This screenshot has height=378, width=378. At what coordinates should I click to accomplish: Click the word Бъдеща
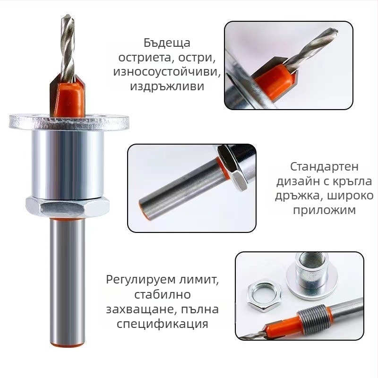point(167,43)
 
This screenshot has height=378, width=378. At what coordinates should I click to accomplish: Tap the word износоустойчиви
point(167,72)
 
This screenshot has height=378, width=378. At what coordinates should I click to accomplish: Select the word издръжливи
point(167,86)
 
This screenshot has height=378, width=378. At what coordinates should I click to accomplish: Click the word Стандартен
point(324,167)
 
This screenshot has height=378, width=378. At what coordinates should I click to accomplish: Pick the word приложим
point(324,210)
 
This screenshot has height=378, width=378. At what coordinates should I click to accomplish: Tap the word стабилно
point(162,294)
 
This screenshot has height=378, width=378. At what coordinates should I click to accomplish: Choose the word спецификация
point(162,324)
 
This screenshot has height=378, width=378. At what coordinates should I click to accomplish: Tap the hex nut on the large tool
point(68,206)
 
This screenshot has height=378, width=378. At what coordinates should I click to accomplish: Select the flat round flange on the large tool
point(69,122)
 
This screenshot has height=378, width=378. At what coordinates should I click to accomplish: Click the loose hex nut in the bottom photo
point(264,296)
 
